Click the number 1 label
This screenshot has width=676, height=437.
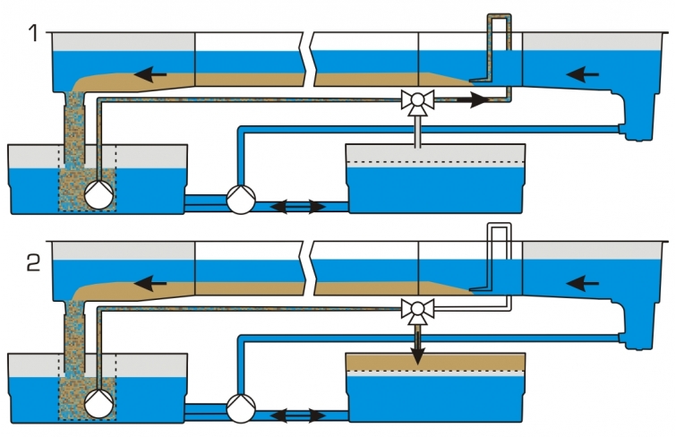(33, 33)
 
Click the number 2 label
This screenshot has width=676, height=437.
(34, 263)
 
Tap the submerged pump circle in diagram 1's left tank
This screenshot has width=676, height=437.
(98, 194)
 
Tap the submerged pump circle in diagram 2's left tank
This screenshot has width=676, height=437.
(98, 404)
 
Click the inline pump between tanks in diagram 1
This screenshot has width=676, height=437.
(241, 200)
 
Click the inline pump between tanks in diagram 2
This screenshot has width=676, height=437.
(241, 408)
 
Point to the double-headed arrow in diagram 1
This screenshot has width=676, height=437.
(298, 207)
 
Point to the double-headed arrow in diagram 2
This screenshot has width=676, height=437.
(298, 416)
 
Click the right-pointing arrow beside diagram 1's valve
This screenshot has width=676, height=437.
(473, 100)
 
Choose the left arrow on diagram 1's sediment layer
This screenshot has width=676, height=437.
(150, 74)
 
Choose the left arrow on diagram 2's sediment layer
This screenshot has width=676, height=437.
(150, 284)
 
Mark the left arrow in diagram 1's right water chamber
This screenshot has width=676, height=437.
(583, 74)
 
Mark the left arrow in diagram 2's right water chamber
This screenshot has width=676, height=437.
(583, 284)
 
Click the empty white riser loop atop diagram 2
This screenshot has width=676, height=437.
(500, 225)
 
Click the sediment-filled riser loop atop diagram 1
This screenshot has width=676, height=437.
(500, 16)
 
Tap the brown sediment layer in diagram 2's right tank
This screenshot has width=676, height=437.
(435, 363)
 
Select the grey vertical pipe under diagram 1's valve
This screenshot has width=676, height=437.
(417, 132)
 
